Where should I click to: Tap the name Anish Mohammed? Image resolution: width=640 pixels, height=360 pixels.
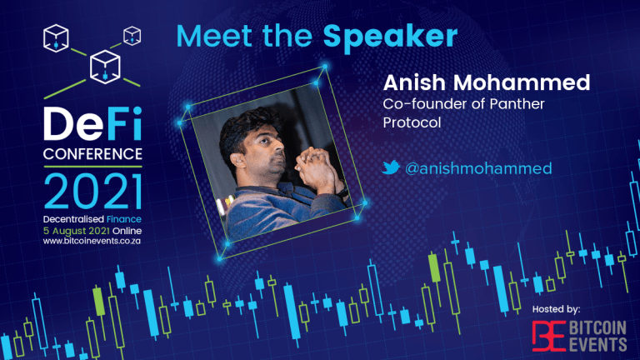487,82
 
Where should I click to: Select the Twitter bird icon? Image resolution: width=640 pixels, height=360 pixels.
391,167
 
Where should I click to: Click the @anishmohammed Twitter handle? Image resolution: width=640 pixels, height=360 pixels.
478,168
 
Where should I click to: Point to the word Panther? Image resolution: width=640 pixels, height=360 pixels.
517,104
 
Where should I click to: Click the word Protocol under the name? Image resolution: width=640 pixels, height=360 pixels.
412,122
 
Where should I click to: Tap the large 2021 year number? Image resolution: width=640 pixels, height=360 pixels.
92,192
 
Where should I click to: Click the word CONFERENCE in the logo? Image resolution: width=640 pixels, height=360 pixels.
92,154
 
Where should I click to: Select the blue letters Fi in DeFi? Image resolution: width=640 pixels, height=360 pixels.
122,123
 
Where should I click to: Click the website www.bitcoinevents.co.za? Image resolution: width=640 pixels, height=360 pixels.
92,241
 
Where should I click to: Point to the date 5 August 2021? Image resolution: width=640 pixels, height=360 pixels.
77,231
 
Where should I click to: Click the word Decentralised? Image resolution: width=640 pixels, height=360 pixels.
73,219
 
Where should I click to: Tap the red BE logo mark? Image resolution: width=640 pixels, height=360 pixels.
548,336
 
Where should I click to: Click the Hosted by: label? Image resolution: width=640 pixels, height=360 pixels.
556,309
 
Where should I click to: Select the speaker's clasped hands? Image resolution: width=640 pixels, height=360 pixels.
315,167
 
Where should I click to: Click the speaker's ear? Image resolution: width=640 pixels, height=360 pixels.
238,160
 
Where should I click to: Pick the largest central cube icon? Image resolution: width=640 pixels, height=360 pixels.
105,67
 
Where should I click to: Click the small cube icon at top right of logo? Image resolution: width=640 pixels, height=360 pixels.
132,36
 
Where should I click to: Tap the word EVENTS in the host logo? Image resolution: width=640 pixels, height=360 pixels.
597,343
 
